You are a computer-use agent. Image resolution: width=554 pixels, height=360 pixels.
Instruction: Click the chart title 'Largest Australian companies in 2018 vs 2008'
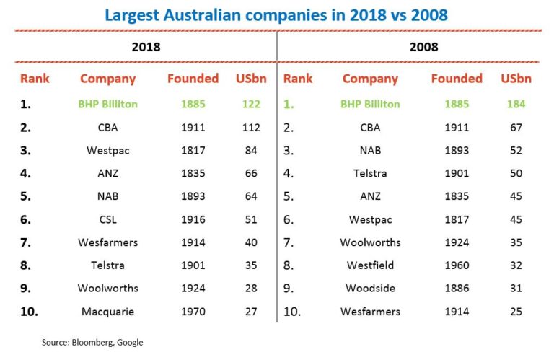coord(276,14)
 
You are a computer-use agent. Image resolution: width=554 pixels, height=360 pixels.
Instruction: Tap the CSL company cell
coord(108,220)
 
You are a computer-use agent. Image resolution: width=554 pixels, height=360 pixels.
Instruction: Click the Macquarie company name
coord(108,312)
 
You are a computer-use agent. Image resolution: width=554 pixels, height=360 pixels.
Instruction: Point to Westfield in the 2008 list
coord(370,265)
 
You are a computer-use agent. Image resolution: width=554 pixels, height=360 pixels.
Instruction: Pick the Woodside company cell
coord(370,289)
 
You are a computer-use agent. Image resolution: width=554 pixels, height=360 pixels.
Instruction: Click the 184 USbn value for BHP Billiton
coord(515,104)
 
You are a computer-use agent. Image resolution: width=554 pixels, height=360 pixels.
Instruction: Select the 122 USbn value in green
coord(251,104)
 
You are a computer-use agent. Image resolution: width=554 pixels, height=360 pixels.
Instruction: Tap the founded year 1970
coord(193,312)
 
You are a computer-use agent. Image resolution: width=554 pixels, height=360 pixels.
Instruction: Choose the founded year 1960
coord(456,265)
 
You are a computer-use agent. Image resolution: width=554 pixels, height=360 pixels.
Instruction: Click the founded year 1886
coord(456,289)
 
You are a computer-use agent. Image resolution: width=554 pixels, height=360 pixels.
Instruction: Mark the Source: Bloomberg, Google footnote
coord(92,342)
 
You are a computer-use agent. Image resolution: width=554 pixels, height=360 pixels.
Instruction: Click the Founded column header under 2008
coord(456,79)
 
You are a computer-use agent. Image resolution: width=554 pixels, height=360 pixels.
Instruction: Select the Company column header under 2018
coord(108,79)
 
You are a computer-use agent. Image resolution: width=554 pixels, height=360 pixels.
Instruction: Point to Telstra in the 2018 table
coord(108,265)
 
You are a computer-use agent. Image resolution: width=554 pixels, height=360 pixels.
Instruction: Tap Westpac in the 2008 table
coord(370,220)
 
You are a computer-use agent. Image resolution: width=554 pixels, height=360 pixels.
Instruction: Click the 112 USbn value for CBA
coord(251,128)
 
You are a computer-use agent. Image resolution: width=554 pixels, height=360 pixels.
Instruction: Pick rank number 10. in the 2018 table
coord(30,312)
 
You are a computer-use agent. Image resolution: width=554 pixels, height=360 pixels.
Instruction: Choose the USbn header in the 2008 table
coord(515,79)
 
